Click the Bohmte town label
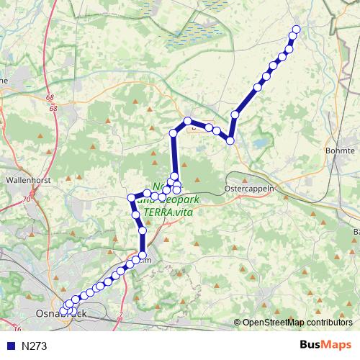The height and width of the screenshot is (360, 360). click(341, 150)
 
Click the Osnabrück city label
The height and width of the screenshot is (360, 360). click(61, 315)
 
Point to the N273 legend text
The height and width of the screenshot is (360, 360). click(35, 346)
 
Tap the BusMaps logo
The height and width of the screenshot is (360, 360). click(325, 346)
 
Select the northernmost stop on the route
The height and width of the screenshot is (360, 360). click(294, 30)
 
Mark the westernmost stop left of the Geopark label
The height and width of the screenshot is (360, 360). click(131, 197)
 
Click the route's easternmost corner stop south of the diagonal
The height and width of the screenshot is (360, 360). click(230, 140)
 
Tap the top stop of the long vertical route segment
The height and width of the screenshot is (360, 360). click(174, 133)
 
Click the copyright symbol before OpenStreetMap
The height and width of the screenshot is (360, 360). click(238, 323)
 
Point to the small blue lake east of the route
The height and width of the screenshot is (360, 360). click(258, 143)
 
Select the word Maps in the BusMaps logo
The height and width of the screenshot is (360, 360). click(337, 346)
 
